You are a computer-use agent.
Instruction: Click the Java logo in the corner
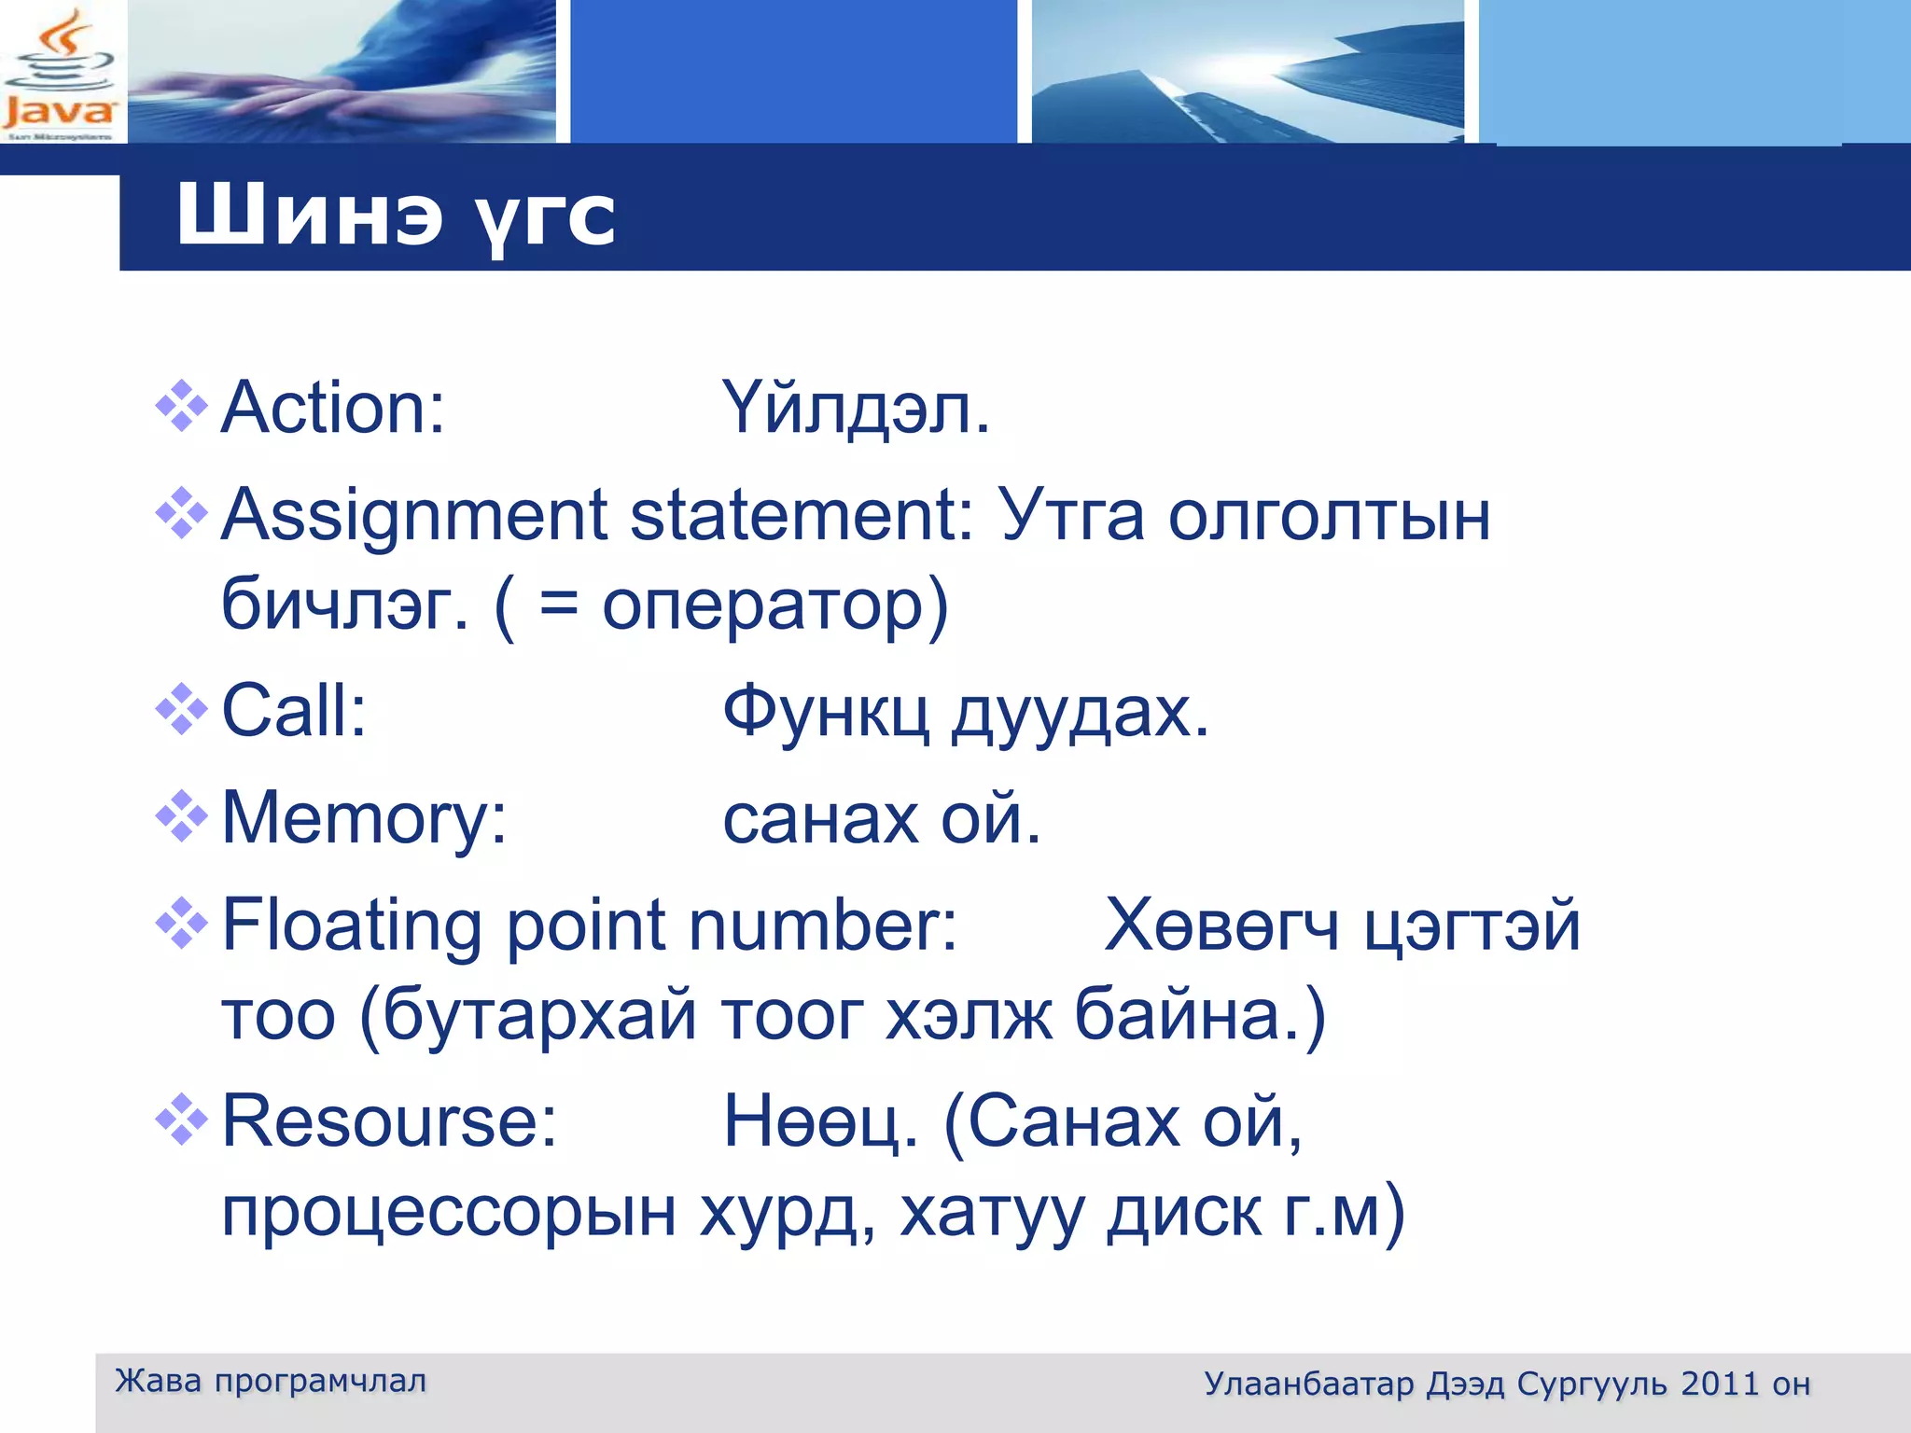(x=60, y=73)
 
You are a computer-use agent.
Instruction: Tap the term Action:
(x=333, y=409)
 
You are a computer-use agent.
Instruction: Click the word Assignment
(x=414, y=516)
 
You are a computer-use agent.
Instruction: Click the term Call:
(x=294, y=711)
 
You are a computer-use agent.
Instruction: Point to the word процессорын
(x=448, y=1213)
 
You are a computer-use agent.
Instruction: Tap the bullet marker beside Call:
(x=181, y=710)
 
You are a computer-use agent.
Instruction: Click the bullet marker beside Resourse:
(x=181, y=1119)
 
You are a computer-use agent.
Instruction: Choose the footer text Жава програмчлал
(x=271, y=1381)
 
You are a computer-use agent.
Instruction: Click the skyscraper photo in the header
(x=1247, y=71)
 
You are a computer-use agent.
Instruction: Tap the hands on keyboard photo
(x=342, y=71)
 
